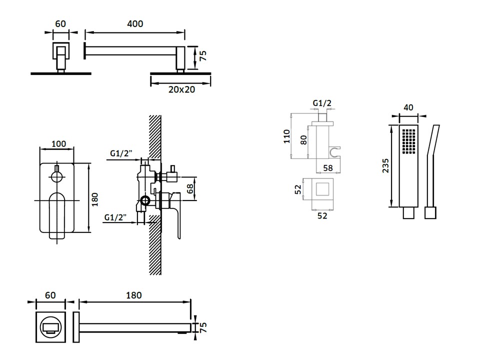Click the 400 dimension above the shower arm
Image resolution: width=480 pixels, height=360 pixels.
point(135,24)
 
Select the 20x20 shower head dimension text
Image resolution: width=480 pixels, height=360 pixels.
point(181,89)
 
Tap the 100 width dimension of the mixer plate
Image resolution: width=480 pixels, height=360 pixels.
point(59,143)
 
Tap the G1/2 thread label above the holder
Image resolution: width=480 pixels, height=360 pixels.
point(322,103)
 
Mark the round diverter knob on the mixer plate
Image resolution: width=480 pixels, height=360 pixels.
point(56,175)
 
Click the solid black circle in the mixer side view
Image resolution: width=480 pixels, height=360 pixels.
point(145,201)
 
